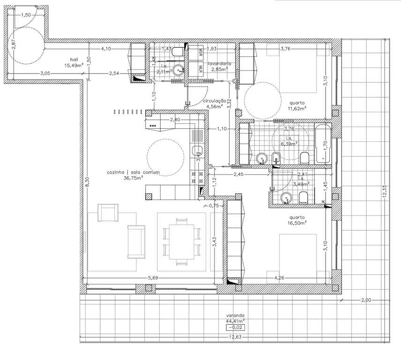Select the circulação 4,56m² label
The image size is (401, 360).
tap(215, 103)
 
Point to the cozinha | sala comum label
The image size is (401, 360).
tap(133, 172)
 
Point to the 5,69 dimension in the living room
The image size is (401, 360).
tap(152, 278)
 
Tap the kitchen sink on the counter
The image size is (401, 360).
tap(197, 150)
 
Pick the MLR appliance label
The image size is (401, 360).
tap(200, 68)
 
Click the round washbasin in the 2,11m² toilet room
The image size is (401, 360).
tap(178, 70)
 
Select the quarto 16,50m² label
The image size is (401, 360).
tap(297, 220)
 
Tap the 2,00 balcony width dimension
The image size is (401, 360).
tap(366, 300)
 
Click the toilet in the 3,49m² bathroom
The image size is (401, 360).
tap(303, 198)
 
